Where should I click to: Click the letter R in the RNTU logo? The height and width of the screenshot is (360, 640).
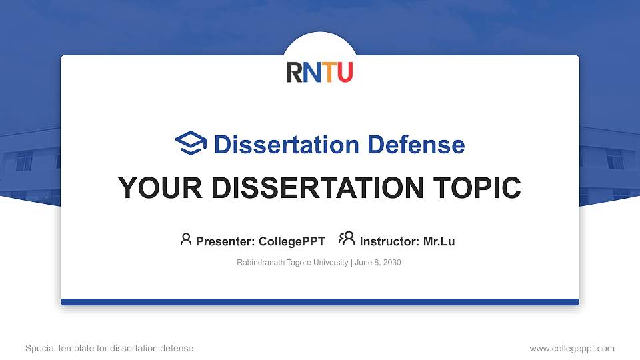(295, 72)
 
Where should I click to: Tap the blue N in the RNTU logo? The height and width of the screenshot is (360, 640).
(311, 72)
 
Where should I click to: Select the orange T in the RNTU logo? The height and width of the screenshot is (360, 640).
(328, 72)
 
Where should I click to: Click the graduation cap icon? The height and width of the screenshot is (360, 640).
(191, 143)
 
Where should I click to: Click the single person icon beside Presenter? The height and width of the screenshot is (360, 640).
(186, 239)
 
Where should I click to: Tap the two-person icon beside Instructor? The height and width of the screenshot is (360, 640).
(347, 239)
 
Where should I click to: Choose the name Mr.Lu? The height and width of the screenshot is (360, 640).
(439, 241)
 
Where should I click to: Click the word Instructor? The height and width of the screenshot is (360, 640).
(390, 241)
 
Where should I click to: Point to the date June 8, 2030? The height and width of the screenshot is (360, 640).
(377, 263)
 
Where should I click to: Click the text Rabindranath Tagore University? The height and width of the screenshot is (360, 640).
(292, 263)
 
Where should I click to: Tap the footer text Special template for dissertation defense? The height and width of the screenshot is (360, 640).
(109, 348)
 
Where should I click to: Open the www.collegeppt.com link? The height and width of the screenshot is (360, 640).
(572, 348)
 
